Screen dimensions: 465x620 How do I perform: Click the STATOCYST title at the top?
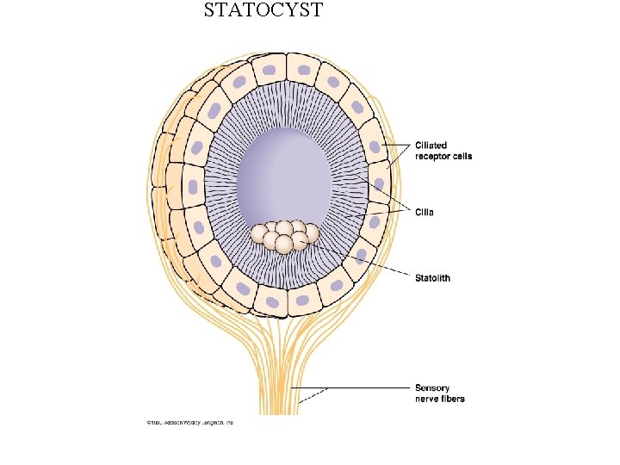coord(263,11)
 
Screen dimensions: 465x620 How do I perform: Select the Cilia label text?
coord(425,212)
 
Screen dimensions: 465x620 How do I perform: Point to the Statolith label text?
coord(432,278)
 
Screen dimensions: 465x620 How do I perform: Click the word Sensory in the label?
coord(432,388)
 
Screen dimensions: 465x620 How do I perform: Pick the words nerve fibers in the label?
coord(439,399)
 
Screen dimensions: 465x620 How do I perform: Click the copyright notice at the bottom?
coord(189,423)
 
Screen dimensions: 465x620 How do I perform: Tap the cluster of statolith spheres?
coord(284,237)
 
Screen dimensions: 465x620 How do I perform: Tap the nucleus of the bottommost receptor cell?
coord(273,302)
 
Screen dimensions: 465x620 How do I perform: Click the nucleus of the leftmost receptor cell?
coord(192,187)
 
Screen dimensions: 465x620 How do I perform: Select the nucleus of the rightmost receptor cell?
coord(379,184)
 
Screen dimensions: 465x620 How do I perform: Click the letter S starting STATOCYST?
coord(210,11)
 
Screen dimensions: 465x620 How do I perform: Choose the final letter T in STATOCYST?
coord(317,11)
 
